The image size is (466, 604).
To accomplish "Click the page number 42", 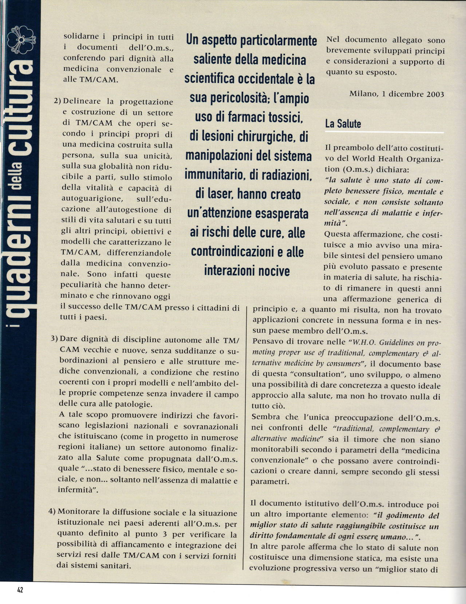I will (20, 590).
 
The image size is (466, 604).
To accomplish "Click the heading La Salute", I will (343, 124).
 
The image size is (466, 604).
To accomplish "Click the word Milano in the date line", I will (362, 94).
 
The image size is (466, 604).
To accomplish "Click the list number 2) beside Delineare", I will (58, 101).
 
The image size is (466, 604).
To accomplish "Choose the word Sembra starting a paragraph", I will (266, 417).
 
